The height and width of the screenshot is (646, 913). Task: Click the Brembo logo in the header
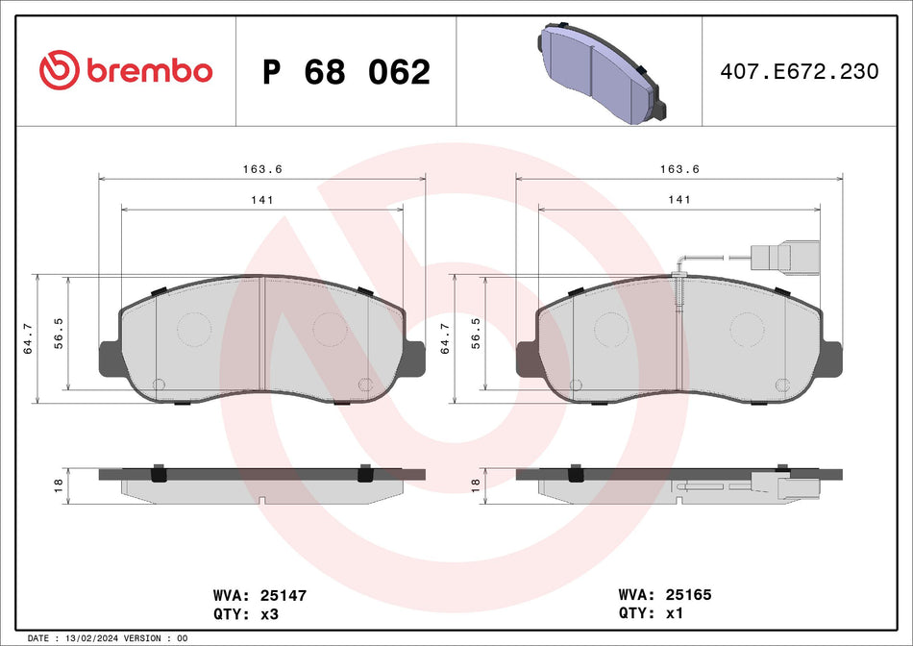125,70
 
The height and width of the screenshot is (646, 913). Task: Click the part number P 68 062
346,72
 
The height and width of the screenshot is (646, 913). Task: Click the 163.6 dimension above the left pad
262,168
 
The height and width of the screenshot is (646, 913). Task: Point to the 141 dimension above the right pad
679,199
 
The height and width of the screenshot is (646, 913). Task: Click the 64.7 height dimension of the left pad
28,338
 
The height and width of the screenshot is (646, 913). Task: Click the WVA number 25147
283,596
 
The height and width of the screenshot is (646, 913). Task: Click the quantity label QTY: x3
247,612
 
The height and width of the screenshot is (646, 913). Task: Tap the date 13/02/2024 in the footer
98,638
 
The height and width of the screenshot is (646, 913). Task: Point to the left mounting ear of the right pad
526,359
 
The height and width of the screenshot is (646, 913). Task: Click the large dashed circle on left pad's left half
194,329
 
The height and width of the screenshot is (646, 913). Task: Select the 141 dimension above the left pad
262,199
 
